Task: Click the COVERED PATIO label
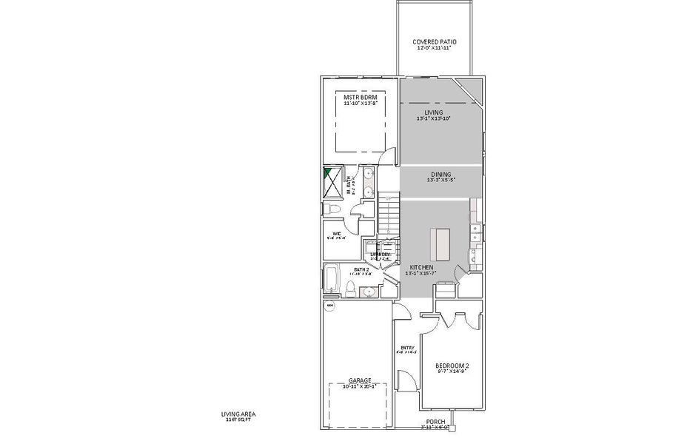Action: (434, 42)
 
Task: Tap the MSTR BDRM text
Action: (360, 97)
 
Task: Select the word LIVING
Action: (434, 112)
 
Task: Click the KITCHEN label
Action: (421, 266)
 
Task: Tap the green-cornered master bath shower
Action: (335, 181)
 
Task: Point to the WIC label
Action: (337, 235)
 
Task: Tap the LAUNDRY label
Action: (381, 255)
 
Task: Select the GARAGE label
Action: (360, 380)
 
